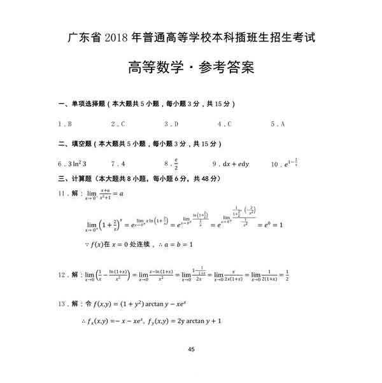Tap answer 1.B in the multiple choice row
click(64, 124)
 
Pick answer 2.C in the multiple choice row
click(118, 124)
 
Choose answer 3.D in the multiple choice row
click(171, 124)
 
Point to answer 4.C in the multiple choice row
click(224, 124)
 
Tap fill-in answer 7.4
click(118, 164)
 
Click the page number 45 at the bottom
click(192, 349)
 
